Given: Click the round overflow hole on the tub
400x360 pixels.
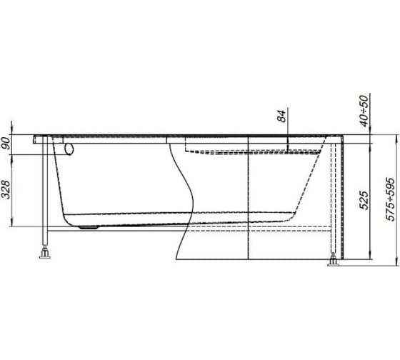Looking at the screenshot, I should [69, 149].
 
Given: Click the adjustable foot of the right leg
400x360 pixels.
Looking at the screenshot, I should [334, 263].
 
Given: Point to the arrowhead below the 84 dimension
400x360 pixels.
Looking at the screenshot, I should [281, 134].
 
